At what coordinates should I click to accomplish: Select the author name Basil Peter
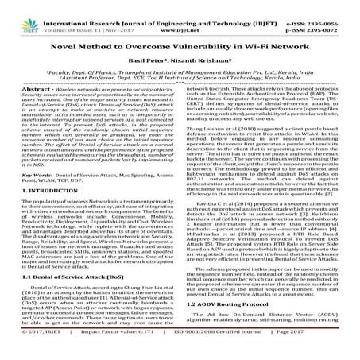[x=154, y=68]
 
